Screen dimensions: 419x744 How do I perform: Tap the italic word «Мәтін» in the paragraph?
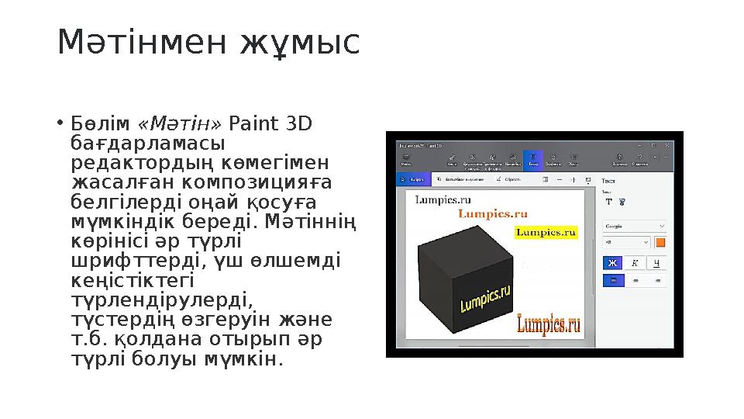coord(180,124)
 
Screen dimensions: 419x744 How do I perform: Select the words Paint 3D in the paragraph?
coord(271,124)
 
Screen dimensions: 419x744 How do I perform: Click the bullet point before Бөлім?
coord(60,124)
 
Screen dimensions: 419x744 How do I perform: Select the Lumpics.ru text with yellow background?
coord(546,231)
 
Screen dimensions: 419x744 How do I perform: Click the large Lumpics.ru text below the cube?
coord(549,324)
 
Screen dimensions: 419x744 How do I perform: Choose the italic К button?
coord(635,263)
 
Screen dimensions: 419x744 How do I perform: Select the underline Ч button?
coord(657,263)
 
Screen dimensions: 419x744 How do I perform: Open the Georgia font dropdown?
coord(634,226)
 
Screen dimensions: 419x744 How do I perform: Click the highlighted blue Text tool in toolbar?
coord(532,160)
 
